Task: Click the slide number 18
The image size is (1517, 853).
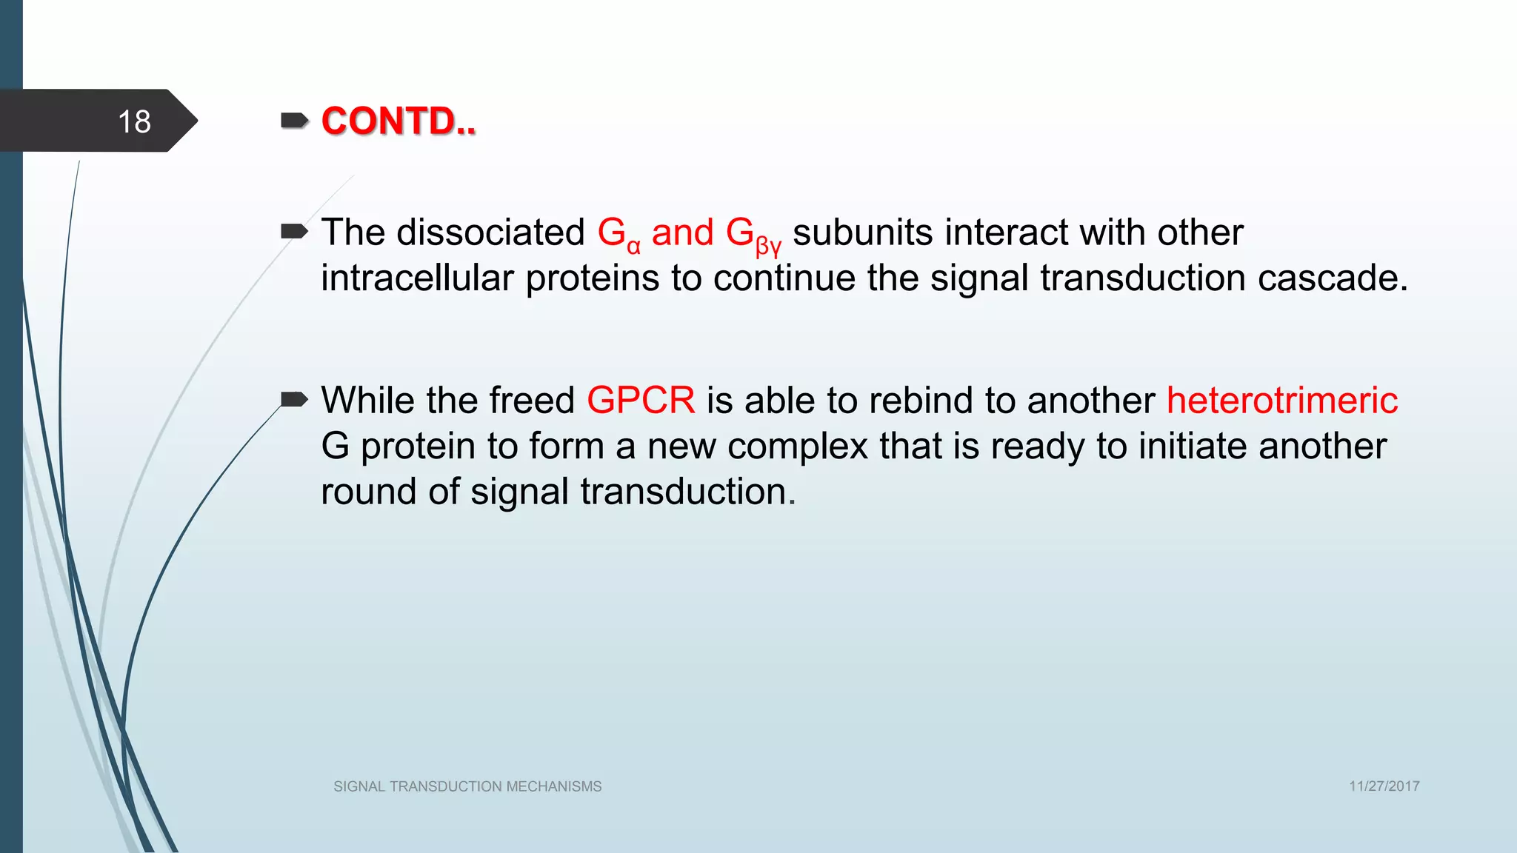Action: pyautogui.click(x=134, y=121)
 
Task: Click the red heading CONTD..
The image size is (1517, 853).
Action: pyautogui.click(x=398, y=121)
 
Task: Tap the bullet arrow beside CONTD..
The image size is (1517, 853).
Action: pyautogui.click(x=294, y=121)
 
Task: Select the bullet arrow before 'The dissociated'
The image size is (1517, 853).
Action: pyautogui.click(x=294, y=232)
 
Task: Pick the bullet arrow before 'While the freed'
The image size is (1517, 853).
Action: pyautogui.click(x=294, y=400)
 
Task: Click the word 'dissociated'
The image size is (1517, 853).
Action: pyautogui.click(x=491, y=233)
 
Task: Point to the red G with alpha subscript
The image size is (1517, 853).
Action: pyautogui.click(x=618, y=234)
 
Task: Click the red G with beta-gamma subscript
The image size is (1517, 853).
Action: pyautogui.click(x=752, y=235)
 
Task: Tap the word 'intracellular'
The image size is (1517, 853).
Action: pyautogui.click(x=417, y=278)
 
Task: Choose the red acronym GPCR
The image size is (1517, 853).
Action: pyautogui.click(x=641, y=401)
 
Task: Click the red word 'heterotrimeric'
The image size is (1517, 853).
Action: pyautogui.click(x=1281, y=401)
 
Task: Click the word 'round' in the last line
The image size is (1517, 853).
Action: pyautogui.click(x=368, y=492)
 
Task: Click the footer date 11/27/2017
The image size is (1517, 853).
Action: pyautogui.click(x=1384, y=786)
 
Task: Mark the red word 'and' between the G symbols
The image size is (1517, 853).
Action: pyautogui.click(x=682, y=233)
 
